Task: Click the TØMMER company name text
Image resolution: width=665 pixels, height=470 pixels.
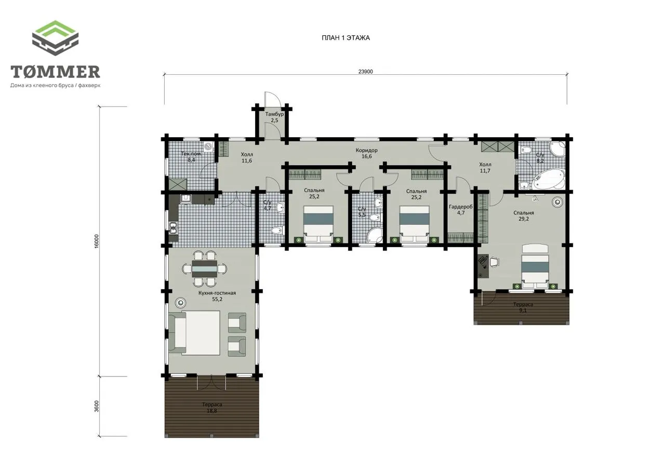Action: pyautogui.click(x=55, y=72)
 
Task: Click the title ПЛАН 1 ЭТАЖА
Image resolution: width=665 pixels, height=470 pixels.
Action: pyautogui.click(x=345, y=38)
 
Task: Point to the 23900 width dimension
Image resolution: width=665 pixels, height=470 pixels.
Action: pyautogui.click(x=365, y=72)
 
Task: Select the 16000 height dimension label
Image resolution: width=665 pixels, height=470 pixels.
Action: pyautogui.click(x=97, y=241)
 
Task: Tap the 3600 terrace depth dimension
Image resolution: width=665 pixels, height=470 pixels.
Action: pyautogui.click(x=97, y=406)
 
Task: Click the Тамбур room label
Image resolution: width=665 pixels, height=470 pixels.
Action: pyautogui.click(x=274, y=114)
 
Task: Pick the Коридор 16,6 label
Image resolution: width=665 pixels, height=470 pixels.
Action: pyautogui.click(x=367, y=153)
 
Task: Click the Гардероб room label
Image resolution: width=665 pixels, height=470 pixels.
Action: pyautogui.click(x=460, y=207)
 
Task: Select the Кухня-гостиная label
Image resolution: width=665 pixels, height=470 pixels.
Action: pyautogui.click(x=217, y=293)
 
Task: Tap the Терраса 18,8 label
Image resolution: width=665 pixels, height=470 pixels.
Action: pyautogui.click(x=212, y=408)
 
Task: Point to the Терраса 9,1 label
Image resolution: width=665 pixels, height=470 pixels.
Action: pyautogui.click(x=523, y=307)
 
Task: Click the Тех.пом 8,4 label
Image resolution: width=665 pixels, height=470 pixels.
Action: pyautogui.click(x=191, y=157)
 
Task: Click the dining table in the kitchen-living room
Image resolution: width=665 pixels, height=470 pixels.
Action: pyautogui.click(x=204, y=269)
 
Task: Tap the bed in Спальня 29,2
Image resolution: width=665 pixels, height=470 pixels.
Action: pyautogui.click(x=535, y=266)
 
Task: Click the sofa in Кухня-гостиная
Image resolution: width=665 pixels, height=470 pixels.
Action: pyautogui.click(x=177, y=332)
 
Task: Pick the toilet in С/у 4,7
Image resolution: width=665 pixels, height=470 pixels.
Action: pyautogui.click(x=277, y=230)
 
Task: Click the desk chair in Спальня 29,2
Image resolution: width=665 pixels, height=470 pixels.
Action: pyautogui.click(x=494, y=262)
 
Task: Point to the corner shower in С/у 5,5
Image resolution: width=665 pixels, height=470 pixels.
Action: pyautogui.click(x=375, y=236)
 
